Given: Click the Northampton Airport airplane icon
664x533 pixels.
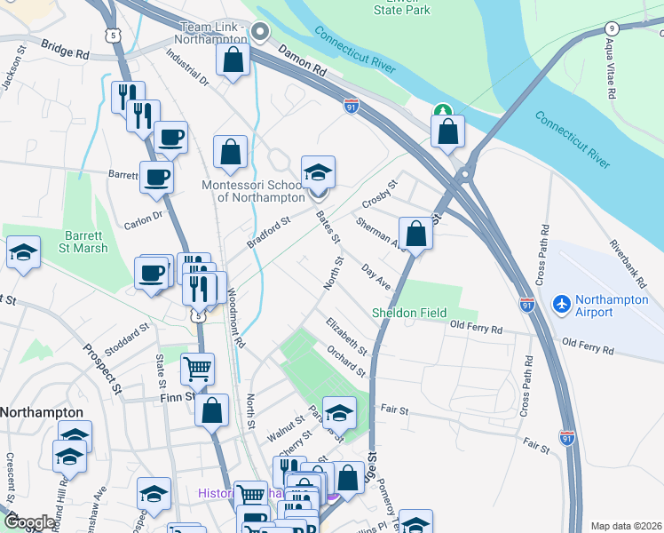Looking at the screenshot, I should [561, 304].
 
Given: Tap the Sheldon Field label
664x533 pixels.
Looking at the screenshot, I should [407, 313].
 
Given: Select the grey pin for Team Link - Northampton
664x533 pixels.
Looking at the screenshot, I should [259, 33].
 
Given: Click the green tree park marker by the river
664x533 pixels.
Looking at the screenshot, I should [442, 112].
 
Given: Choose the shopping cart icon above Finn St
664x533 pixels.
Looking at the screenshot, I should [197, 367].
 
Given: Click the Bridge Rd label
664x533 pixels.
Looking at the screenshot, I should [65, 53].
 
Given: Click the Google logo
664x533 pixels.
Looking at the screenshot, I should [29, 522].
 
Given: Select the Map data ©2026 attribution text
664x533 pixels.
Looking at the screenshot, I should [626, 526].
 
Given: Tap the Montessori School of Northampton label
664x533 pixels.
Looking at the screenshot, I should [254, 190].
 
